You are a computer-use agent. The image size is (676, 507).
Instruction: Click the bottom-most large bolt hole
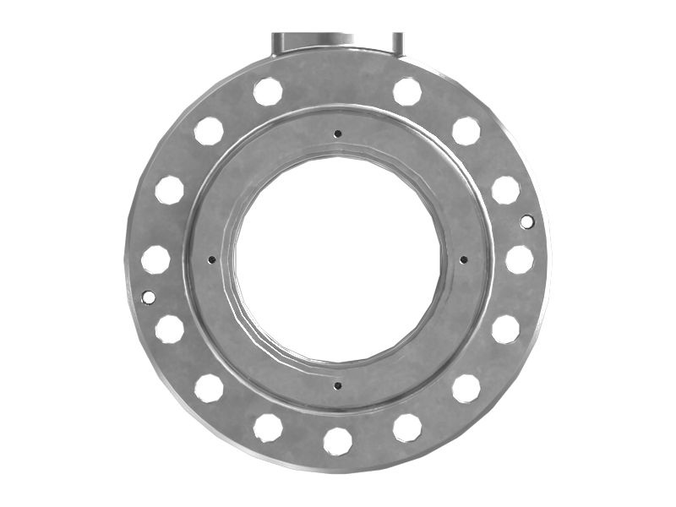(337, 440)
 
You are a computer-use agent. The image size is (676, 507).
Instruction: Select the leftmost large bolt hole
(155, 259)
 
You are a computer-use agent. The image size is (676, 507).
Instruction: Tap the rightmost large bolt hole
(519, 259)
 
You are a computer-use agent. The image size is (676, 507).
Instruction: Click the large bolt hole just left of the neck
(268, 91)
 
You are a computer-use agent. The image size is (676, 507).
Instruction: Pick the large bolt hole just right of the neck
(406, 91)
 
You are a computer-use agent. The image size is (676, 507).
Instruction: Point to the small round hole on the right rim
(526, 221)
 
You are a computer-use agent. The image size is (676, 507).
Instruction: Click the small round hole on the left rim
(148, 297)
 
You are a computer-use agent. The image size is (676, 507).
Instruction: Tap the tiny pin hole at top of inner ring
(337, 133)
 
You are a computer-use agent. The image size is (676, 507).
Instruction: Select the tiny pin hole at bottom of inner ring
(337, 385)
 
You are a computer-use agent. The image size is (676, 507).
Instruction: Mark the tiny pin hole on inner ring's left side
(211, 259)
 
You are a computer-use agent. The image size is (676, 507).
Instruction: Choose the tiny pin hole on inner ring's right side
(463, 259)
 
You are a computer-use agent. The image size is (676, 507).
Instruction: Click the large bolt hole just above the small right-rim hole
(505, 189)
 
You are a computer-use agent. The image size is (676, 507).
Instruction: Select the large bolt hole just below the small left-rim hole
(169, 329)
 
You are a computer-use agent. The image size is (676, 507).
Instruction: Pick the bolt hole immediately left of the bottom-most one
(268, 427)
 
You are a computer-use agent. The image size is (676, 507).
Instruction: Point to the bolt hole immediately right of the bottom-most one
(406, 427)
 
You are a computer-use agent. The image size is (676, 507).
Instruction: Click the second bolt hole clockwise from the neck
(466, 131)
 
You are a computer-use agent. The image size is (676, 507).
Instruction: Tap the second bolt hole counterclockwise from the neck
(209, 131)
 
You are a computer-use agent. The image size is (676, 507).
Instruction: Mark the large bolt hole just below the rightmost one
(505, 329)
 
